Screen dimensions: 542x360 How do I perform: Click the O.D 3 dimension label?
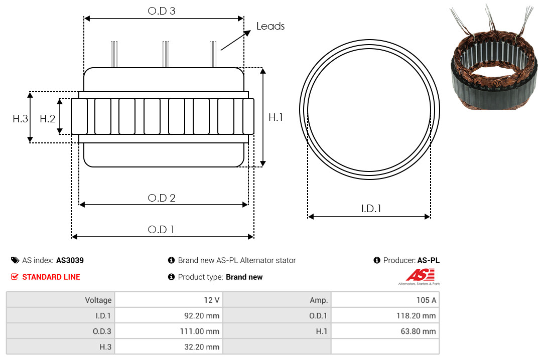pyautogui.click(x=162, y=11)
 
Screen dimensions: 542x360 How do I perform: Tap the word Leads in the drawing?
pyautogui.click(x=270, y=26)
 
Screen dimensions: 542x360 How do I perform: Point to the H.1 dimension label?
pyautogui.click(x=276, y=117)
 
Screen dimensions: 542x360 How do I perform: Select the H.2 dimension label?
pyautogui.click(x=47, y=119)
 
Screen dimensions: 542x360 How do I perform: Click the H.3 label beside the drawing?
pyautogui.click(x=21, y=119)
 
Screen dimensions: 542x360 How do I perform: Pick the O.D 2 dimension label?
pyautogui.click(x=162, y=198)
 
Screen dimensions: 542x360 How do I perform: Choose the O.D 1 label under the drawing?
pyautogui.click(x=161, y=230)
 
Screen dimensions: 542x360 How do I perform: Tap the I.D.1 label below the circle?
pyautogui.click(x=371, y=209)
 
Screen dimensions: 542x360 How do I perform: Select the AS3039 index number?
pyautogui.click(x=70, y=261)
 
